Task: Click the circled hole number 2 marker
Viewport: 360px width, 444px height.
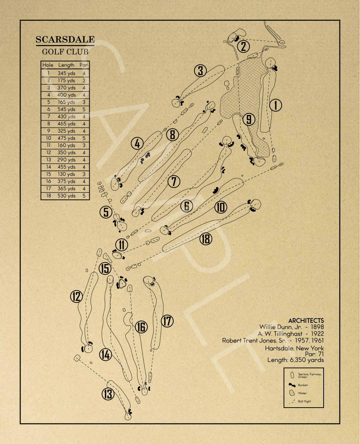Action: click(x=244, y=46)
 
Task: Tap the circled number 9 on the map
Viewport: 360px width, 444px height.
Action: click(x=249, y=119)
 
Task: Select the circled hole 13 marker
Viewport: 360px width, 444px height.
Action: click(x=108, y=394)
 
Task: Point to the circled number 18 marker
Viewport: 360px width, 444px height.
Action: click(x=206, y=238)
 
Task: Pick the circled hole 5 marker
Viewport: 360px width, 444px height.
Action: click(x=106, y=212)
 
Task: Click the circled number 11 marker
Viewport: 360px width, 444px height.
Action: click(x=122, y=245)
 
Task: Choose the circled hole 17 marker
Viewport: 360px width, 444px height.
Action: click(x=167, y=321)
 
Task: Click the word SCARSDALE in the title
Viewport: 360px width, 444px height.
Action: click(x=65, y=40)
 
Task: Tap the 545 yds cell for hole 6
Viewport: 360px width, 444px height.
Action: click(x=67, y=109)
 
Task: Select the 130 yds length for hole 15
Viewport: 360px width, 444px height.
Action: click(x=67, y=174)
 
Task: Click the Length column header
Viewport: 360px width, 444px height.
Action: click(x=67, y=65)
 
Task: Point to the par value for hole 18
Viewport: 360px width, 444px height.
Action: click(x=84, y=196)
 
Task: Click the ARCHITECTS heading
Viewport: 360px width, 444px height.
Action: click(x=306, y=320)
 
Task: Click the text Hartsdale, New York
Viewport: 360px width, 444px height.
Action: click(x=294, y=348)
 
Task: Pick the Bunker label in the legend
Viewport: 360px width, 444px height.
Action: click(x=303, y=385)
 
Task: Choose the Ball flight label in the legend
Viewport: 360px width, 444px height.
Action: click(x=305, y=401)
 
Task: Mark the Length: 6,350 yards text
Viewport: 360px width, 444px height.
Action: click(x=296, y=360)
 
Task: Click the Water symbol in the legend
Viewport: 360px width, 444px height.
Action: click(x=292, y=393)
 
